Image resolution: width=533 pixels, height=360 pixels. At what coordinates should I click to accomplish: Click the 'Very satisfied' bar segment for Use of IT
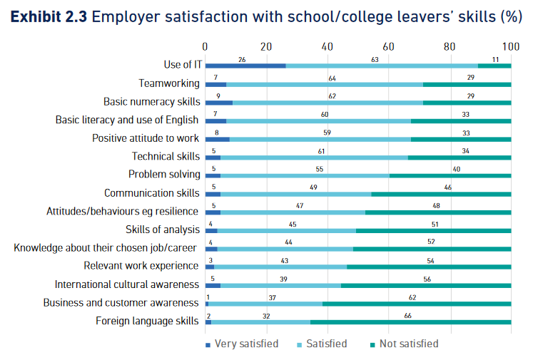pos(245,66)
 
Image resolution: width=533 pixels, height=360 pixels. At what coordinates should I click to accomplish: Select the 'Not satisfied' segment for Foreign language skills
pos(410,322)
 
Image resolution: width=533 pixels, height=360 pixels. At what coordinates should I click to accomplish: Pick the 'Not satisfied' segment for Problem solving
pos(450,175)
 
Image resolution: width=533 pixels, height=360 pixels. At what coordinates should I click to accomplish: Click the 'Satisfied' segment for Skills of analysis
pos(286,230)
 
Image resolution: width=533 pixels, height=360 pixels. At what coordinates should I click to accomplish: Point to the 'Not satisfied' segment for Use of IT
pos(494,66)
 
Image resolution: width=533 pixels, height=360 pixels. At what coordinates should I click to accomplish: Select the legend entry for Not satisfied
pos(404,344)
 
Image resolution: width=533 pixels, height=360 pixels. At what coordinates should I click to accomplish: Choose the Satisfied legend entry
pos(323,344)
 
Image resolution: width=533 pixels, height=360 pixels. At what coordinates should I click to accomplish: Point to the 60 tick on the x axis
pos(389,47)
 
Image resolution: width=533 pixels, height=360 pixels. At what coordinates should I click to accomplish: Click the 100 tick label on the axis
pos(511,47)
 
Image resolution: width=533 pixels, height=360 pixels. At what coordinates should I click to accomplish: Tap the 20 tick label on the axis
pos(266,47)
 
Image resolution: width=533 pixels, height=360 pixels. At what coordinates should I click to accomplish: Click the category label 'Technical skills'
pos(166,156)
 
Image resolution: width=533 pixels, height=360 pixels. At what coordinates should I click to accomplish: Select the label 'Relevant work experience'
pos(141,266)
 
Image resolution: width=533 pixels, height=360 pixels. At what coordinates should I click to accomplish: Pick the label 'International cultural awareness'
pos(127,284)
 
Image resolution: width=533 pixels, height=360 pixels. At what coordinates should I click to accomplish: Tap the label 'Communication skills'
pos(152,193)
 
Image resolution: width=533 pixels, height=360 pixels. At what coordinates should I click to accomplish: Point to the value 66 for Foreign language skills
pos(408,315)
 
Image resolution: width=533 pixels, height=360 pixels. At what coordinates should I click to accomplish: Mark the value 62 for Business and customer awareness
pos(412,297)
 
